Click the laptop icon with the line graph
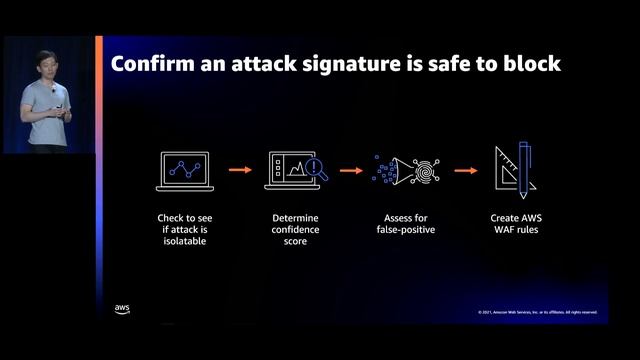(x=182, y=171)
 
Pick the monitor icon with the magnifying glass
(x=296, y=171)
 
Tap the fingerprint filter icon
(x=410, y=171)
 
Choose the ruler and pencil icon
(x=517, y=171)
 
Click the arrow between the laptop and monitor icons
(x=240, y=170)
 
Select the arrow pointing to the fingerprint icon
(x=351, y=170)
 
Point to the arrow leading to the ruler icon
(x=464, y=170)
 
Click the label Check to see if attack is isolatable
(x=182, y=229)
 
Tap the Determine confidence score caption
(x=296, y=229)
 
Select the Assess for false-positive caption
(x=410, y=223)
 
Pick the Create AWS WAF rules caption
(x=517, y=223)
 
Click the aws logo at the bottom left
(x=122, y=308)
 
